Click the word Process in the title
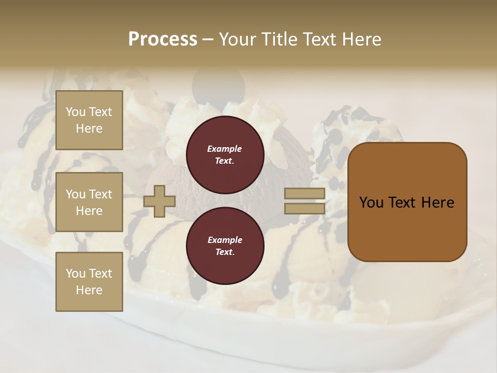163,39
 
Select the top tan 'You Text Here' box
89,120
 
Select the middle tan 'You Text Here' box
89,202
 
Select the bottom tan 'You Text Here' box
89,281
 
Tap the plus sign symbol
159,201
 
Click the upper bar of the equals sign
305,194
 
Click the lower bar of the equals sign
305,209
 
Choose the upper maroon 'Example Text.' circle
225,154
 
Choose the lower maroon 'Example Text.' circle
225,246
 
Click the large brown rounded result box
407,202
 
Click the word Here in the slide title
362,39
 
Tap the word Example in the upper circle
225,149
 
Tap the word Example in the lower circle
225,240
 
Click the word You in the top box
76,112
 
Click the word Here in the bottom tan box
89,290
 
